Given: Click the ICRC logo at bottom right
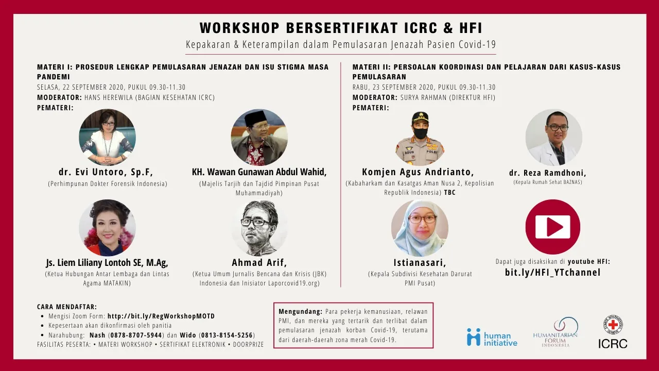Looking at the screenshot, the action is pos(613,331).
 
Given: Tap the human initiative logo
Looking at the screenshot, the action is pos(492,337).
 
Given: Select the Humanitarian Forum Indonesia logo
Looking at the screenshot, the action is pos(556,332).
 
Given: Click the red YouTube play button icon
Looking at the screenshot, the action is pos(552,227).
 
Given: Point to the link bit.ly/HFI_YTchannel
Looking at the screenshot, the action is pos(552,273).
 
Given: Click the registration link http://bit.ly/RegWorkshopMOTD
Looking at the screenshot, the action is pos(161,316).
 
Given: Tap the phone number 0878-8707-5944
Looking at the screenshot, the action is pos(136,335).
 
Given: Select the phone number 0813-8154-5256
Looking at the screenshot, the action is pos(227,335).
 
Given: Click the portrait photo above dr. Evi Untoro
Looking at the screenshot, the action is pos(108,137).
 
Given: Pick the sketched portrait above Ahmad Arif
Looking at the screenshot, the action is pos(259,228).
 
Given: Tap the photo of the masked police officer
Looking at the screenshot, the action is pos(420,138).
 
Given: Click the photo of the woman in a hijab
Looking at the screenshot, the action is pos(420,228).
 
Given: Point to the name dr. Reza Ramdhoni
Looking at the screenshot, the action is pos(547,173).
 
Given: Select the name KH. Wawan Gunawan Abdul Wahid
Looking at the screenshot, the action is pos(258,172).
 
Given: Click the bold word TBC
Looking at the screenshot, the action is pos(449,193).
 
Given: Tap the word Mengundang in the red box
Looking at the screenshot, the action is pos(300,312).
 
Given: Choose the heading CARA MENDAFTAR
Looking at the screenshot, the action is pos(67,307).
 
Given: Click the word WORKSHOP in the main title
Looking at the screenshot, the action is pos(239,28).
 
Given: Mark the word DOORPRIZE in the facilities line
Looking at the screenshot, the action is pos(248,345).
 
